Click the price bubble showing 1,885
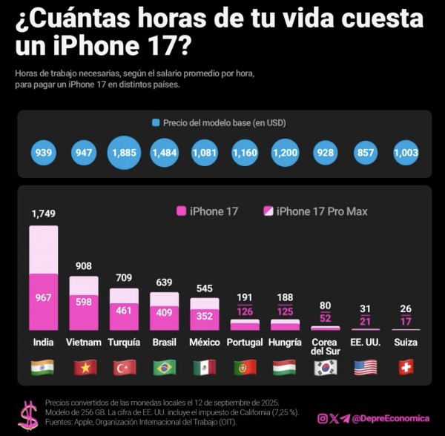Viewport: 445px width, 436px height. tap(124, 152)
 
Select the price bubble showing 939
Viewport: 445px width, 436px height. tap(44, 152)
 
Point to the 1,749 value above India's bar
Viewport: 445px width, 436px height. tap(44, 214)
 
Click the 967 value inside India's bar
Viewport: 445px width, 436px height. tap(44, 297)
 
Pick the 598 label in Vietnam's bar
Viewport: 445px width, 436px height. tap(84, 301)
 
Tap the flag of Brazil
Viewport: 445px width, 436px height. tap(164, 367)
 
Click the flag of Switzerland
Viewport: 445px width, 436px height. tap(406, 367)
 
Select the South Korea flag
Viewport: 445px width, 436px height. tap(325, 367)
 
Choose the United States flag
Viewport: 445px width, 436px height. tap(366, 367)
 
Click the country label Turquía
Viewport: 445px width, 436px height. tap(124, 343)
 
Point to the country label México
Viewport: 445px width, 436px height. tap(205, 343)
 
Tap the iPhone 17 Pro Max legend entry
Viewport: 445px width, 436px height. tap(315, 211)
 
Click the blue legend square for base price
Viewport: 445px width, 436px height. tap(156, 122)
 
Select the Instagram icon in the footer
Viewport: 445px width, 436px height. tap(322, 418)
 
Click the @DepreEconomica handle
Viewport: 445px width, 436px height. tap(391, 418)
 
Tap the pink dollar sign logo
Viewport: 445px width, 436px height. tap(28, 415)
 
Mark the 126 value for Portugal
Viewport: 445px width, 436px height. tap(245, 311)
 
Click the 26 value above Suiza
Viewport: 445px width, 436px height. tap(406, 308)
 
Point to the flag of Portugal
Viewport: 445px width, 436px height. tap(245, 367)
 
